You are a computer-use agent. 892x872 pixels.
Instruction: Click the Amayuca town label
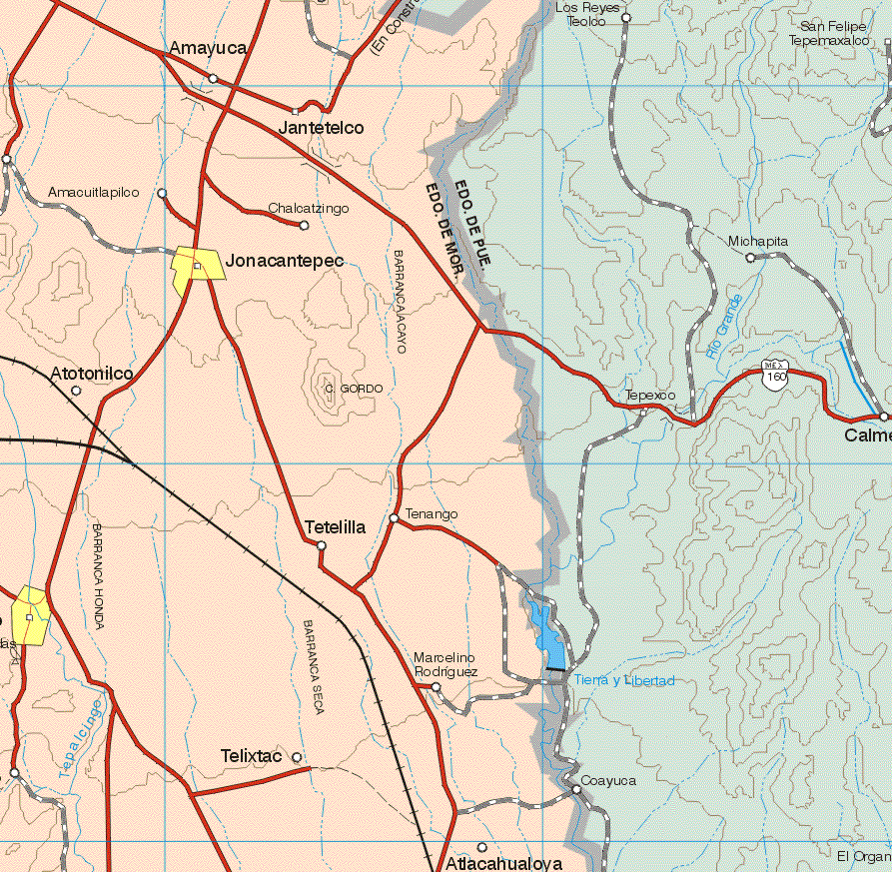click(x=208, y=48)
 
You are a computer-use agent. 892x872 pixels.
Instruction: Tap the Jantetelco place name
click(x=321, y=128)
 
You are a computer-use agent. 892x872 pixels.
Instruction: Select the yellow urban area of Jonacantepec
click(x=196, y=268)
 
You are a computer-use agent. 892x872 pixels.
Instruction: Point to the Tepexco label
click(x=650, y=396)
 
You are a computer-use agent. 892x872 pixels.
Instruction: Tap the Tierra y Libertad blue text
click(x=625, y=680)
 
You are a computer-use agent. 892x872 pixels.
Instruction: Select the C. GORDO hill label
click(x=354, y=389)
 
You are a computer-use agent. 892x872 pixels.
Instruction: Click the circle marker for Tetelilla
click(x=321, y=545)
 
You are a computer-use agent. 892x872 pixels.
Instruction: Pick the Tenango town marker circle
click(x=395, y=518)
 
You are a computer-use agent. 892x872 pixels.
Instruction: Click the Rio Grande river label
click(x=723, y=327)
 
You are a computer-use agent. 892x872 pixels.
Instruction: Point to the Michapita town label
click(x=757, y=242)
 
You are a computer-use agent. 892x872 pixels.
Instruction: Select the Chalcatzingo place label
click(x=309, y=209)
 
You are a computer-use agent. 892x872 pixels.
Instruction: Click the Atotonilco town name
click(x=92, y=373)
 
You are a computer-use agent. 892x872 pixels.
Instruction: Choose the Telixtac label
click(x=251, y=757)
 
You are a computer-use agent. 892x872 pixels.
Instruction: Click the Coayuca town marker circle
click(x=576, y=790)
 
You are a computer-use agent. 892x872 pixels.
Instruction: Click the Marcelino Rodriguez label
click(x=445, y=665)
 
